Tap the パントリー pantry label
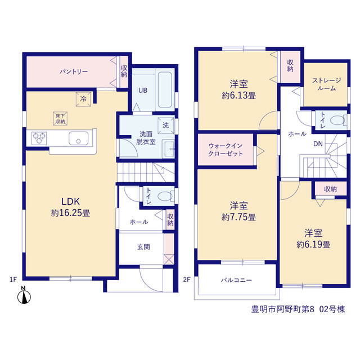pos(74,71)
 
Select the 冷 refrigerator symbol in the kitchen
pos(83,99)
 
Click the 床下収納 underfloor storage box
pos(60,119)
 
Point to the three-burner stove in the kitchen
pos(39,138)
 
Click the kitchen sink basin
pos(79,138)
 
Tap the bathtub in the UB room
pos(165,89)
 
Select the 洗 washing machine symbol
pos(165,125)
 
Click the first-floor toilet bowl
pos(165,196)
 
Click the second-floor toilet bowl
pos(339,120)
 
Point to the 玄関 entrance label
pos(143,247)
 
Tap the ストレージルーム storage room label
pos(326,84)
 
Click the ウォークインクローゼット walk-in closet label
pos(226,150)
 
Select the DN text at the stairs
pos(318,144)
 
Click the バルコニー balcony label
pos(236,280)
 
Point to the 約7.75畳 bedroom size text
pos(238,217)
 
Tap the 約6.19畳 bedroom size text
pos(313,245)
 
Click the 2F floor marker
pos(187,280)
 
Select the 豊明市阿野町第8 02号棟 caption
pos(298,309)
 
